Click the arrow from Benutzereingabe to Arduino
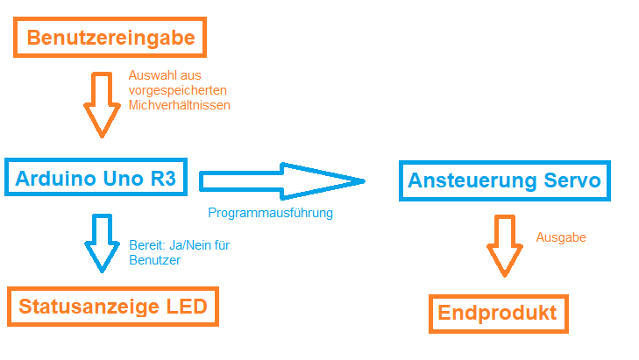pyautogui.click(x=102, y=105)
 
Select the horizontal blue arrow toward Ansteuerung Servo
pyautogui.click(x=282, y=181)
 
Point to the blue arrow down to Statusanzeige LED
pyautogui.click(x=102, y=244)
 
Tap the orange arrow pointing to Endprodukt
pyautogui.click(x=505, y=246)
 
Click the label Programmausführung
pyautogui.click(x=270, y=213)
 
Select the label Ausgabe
pyautogui.click(x=561, y=237)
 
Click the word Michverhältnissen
pyautogui.click(x=180, y=105)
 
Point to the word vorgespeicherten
pyautogui.click(x=178, y=90)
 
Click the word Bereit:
pyautogui.click(x=146, y=245)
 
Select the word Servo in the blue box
pyautogui.click(x=572, y=180)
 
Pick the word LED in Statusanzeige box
pyautogui.click(x=187, y=307)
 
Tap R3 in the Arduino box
pyautogui.click(x=163, y=179)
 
